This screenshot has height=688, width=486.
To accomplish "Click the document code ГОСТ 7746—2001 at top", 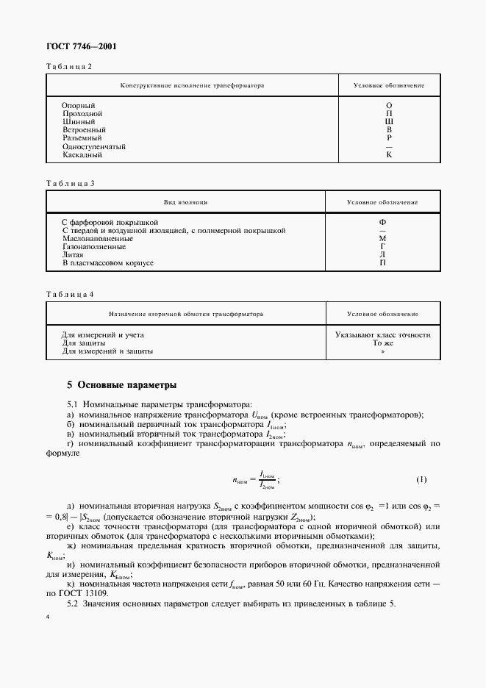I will point(81,47).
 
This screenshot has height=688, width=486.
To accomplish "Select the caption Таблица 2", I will point(70,66).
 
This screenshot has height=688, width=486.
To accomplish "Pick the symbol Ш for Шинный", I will point(389,122).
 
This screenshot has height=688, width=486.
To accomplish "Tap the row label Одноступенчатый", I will point(94,146).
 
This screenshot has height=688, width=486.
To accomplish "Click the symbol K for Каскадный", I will point(389,155).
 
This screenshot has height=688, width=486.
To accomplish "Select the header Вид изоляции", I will point(185,201).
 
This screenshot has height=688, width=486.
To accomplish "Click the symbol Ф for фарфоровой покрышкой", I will point(382,222).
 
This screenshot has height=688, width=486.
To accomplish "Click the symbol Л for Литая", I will point(382,254).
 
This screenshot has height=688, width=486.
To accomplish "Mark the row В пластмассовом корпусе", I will point(108,262).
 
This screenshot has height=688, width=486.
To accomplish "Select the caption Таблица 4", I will point(70,294).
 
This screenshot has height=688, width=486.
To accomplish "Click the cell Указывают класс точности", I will point(382,334).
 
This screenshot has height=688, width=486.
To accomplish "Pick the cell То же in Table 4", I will point(382,343).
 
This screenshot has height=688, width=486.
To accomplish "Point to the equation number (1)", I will point(421,480).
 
